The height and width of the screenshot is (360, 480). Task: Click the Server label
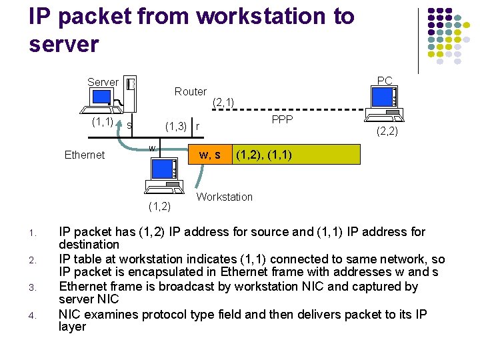point(103,82)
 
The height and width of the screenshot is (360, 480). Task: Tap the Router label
point(190,91)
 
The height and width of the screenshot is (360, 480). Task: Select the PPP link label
point(282,120)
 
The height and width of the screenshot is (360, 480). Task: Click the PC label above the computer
point(385,81)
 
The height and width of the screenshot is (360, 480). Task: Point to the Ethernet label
point(85,155)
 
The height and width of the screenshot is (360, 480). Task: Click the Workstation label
point(225,197)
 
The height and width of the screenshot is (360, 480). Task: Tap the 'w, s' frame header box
point(210,155)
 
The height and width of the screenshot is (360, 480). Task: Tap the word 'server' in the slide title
point(64,44)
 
